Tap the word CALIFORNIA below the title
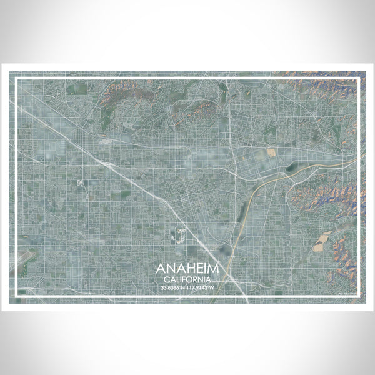188,279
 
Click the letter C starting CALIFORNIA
166,279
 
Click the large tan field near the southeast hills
322,241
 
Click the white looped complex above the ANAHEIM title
177,236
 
